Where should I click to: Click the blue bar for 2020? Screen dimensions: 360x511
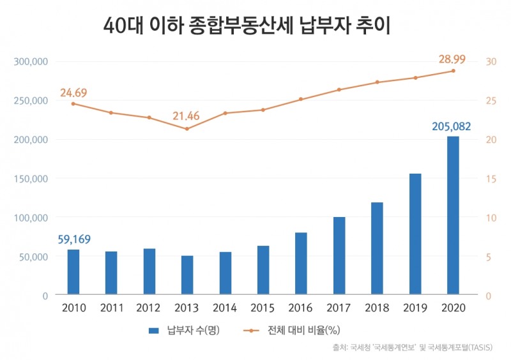[453, 216]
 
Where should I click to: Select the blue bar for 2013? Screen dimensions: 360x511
[187, 276]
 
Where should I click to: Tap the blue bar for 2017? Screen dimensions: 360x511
[339, 256]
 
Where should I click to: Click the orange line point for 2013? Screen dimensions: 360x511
[187, 129]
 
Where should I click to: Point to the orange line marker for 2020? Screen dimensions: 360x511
[453, 70]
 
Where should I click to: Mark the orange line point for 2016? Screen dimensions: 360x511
[301, 99]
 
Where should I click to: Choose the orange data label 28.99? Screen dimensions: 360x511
[452, 59]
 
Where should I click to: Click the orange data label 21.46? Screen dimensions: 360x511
[187, 117]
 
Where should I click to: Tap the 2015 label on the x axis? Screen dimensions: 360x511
[263, 308]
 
